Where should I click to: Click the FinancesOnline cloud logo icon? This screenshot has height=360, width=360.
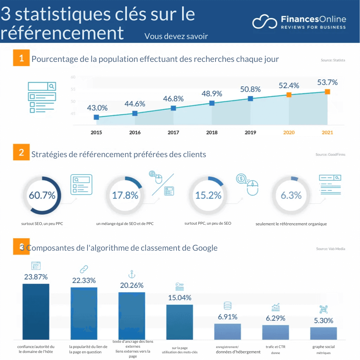pyautogui.click(x=265, y=22)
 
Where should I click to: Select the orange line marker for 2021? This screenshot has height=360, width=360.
pyautogui.click(x=327, y=92)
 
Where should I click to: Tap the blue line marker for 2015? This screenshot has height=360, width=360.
pyautogui.click(x=96, y=117)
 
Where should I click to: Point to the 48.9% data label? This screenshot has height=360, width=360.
pyautogui.click(x=212, y=94)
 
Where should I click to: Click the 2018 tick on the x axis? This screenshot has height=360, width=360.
pyautogui.click(x=212, y=133)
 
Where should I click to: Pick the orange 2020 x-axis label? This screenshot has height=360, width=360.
pyautogui.click(x=289, y=133)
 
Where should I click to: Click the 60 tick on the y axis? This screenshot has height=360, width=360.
pyautogui.click(x=73, y=77)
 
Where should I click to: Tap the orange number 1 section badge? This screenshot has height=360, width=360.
pyautogui.click(x=21, y=58)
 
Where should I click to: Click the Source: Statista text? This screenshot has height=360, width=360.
pyautogui.click(x=333, y=60)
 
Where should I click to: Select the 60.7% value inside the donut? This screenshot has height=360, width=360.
pyautogui.click(x=42, y=195)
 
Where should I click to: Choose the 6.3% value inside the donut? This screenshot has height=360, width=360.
pyautogui.click(x=291, y=195)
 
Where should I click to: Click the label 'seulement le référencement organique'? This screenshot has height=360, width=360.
pyautogui.click(x=291, y=224)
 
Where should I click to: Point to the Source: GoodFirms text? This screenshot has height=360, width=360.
pyautogui.click(x=330, y=155)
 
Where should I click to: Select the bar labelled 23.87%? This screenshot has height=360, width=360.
pyautogui.click(x=36, y=311)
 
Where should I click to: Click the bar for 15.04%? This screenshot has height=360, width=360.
pyautogui.click(x=179, y=322)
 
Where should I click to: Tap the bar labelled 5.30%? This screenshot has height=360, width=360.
pyautogui.click(x=323, y=333)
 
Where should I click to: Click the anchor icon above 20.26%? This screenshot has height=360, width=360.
pyautogui.click(x=131, y=274)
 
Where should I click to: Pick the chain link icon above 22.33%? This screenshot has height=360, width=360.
pyautogui.click(x=84, y=269)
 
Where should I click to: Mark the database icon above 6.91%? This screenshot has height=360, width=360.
pyautogui.click(x=227, y=306)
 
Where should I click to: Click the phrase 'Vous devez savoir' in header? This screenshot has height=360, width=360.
pyautogui.click(x=176, y=36)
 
